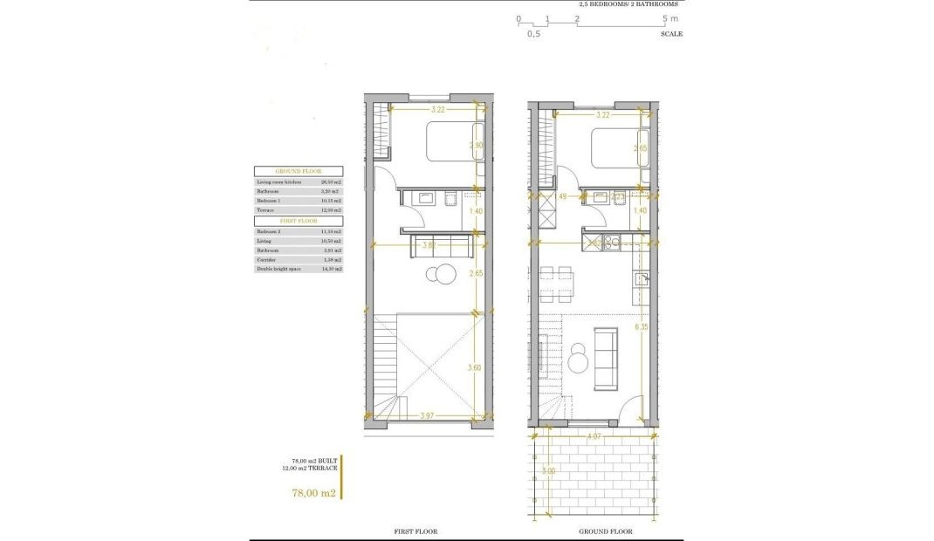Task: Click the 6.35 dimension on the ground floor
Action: click(x=642, y=327)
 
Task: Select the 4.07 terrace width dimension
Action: click(x=594, y=435)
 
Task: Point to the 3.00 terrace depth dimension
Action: click(x=546, y=471)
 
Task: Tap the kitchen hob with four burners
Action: click(x=611, y=243)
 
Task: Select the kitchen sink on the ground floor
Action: click(x=641, y=279)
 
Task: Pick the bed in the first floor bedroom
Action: click(x=450, y=141)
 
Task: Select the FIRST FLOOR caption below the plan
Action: click(x=416, y=531)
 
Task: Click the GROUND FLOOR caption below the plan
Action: click(x=605, y=531)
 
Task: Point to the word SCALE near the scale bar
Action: click(x=671, y=34)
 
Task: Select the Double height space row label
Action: click(x=277, y=270)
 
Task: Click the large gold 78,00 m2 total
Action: click(x=313, y=493)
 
